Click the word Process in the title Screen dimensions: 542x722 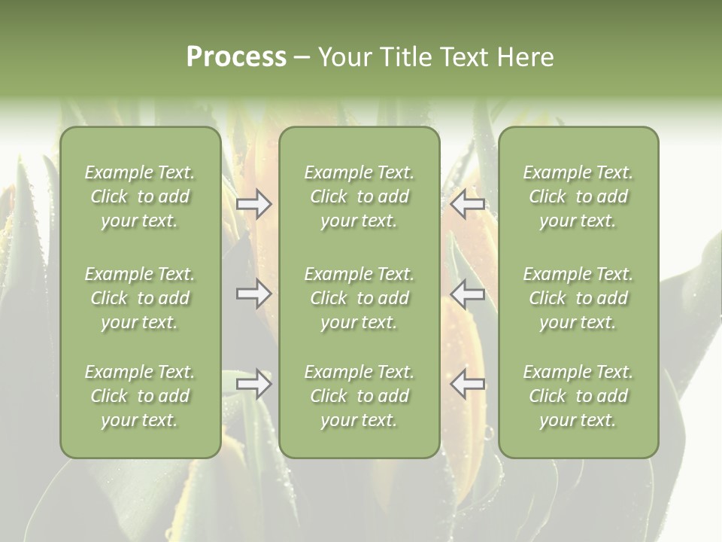pos(236,57)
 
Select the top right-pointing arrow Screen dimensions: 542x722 pos(254,204)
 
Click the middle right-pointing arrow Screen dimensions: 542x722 pos(254,294)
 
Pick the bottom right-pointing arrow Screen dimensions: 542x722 pos(254,384)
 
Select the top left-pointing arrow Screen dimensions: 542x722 pos(467,204)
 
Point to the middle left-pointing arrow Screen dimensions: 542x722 pos(467,294)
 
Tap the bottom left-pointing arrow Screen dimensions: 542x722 pos(467,384)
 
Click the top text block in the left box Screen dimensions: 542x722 pos(140,196)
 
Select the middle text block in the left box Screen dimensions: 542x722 pos(140,298)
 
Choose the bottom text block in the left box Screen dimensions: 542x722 pos(140,396)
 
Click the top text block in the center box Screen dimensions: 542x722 pos(359,196)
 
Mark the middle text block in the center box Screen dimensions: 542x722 pos(359,298)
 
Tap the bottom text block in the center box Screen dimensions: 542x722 pos(359,396)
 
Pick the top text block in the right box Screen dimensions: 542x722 pos(578,196)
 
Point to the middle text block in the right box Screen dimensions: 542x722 pos(578,298)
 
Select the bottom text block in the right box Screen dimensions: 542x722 pos(578,396)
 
